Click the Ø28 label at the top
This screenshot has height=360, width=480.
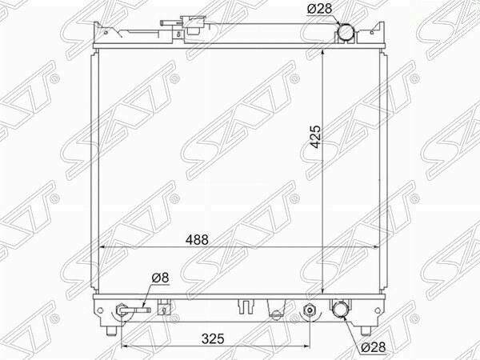point(319,9)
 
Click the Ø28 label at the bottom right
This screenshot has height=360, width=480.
point(374,347)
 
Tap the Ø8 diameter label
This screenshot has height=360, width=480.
point(160,278)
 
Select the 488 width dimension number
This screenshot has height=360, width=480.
point(197,240)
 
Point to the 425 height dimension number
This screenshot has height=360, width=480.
point(315,137)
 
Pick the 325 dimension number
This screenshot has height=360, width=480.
point(213,339)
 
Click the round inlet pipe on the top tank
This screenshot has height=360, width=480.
point(346,32)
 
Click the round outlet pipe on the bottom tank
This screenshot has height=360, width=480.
point(341,310)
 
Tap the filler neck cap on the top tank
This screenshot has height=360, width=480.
point(193,25)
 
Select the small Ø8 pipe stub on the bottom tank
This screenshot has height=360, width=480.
point(135,310)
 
